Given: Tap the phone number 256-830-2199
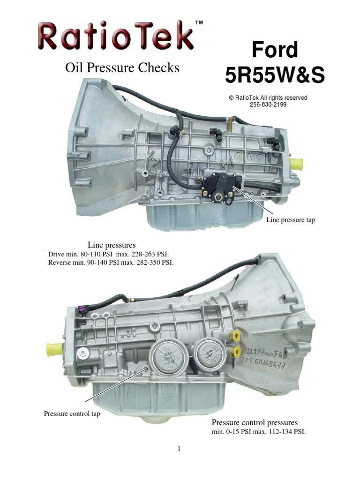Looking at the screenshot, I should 268,105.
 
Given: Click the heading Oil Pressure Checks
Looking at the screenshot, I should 122,68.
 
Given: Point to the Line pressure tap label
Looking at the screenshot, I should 290,220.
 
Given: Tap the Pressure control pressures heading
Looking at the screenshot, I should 255,422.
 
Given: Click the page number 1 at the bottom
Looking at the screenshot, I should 179,449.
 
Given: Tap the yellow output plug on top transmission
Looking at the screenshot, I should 297,165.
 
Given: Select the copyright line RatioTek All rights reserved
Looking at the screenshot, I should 268,98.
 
